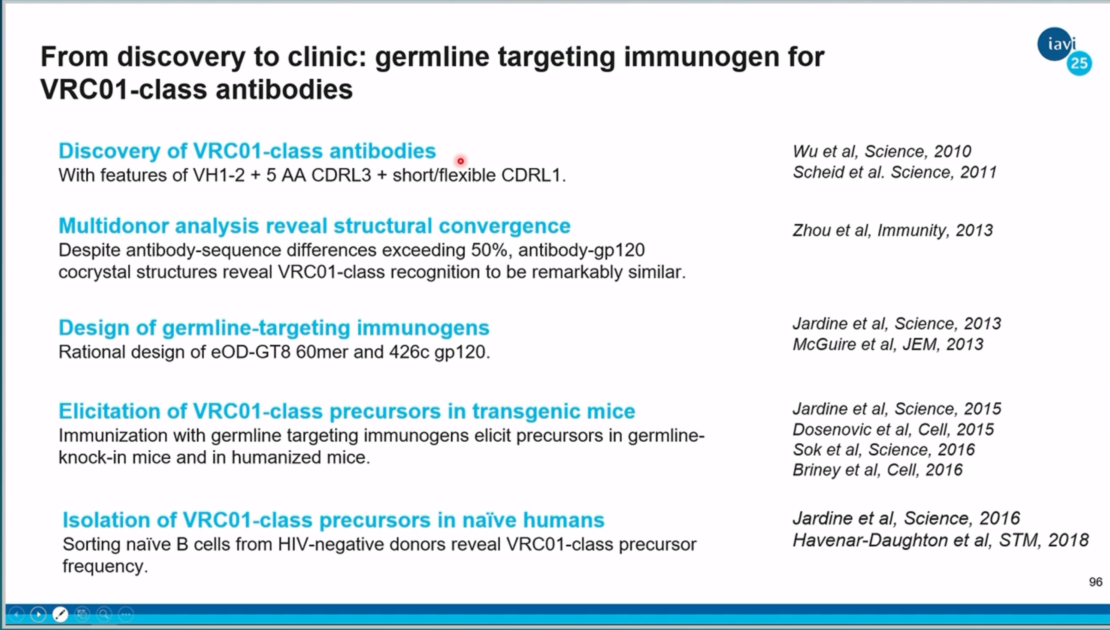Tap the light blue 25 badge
coord(1079,63)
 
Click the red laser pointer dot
coord(461,161)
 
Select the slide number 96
coord(1096,582)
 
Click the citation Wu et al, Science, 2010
coord(882,151)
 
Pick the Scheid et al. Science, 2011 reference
coord(895,172)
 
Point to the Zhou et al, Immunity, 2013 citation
coord(892,230)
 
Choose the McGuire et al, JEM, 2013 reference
coord(888,344)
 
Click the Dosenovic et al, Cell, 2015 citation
coord(893,429)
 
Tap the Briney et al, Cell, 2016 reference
coord(877,470)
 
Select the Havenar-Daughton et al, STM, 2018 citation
coord(941,540)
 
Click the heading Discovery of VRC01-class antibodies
coord(247,151)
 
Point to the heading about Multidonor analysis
coord(315,226)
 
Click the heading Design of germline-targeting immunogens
coord(274,328)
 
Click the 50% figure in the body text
coord(489,250)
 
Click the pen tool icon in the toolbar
coord(60,614)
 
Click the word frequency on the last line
coord(105,567)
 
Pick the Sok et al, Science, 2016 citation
coord(883,449)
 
